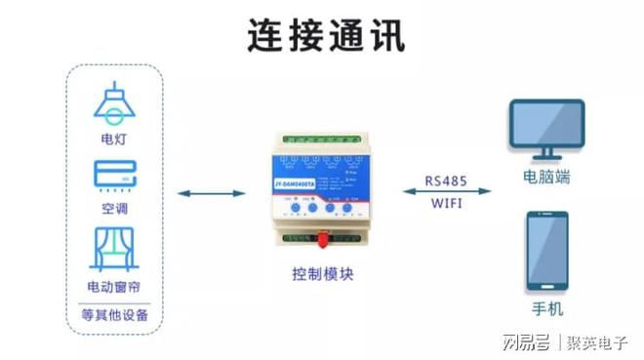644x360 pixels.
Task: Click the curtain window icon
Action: click(114, 249)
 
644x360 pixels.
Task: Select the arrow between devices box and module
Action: click(210, 193)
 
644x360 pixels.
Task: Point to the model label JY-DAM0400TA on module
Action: click(290, 182)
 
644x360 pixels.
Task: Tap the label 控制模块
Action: click(322, 274)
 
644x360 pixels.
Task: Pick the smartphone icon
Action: click(546, 251)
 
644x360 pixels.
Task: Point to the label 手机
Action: click(546, 308)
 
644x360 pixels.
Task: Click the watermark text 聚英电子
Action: click(600, 341)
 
